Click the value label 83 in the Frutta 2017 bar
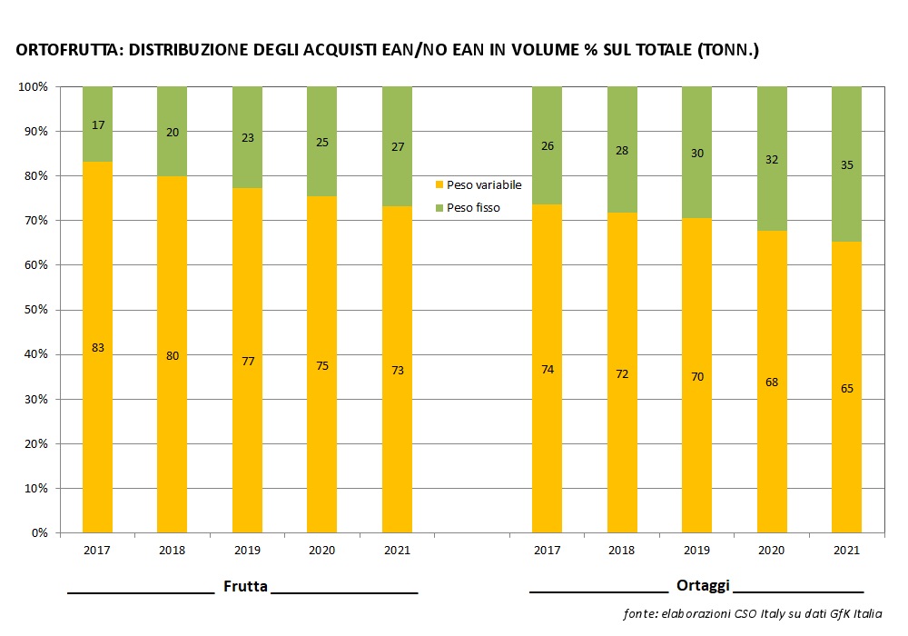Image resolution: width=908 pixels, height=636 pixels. pyautogui.click(x=97, y=348)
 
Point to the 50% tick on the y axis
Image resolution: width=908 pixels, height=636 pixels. pyautogui.click(x=37, y=310)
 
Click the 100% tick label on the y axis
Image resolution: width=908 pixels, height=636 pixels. pyautogui.click(x=34, y=86)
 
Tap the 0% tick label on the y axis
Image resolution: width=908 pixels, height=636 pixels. pyautogui.click(x=40, y=533)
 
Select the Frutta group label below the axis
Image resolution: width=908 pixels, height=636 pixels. pyautogui.click(x=245, y=586)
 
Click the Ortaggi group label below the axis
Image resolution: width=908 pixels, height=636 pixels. pyautogui.click(x=703, y=586)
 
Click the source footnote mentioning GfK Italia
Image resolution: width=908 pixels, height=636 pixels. pyautogui.click(x=753, y=613)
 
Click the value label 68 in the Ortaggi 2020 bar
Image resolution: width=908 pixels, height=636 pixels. pyautogui.click(x=772, y=383)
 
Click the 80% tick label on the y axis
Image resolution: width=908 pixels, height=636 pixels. pyautogui.click(x=36, y=176)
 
